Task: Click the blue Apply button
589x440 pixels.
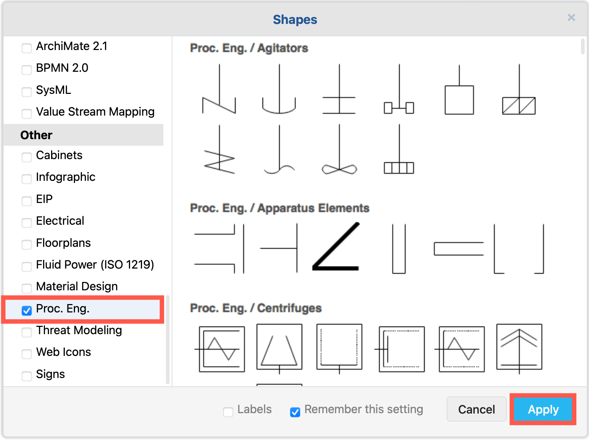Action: pos(543,409)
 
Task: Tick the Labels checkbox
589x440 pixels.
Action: pos(228,412)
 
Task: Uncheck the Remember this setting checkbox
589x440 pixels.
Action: pos(295,412)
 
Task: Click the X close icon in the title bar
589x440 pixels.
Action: pos(571,17)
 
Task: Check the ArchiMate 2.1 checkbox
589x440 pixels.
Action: pos(27,48)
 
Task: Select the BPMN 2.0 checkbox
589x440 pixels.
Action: pos(27,70)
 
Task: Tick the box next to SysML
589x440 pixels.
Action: pos(27,92)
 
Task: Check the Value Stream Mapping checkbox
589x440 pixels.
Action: pos(27,113)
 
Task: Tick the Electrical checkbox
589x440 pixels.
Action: pos(27,223)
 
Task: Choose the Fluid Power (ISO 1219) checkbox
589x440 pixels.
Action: pos(27,266)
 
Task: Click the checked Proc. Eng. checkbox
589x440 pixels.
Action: pos(27,310)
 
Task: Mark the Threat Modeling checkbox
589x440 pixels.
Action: pos(27,332)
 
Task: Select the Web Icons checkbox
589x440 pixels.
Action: pos(27,354)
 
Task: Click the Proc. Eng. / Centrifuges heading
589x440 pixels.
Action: pos(256,308)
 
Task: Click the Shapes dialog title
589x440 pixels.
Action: pos(295,20)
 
